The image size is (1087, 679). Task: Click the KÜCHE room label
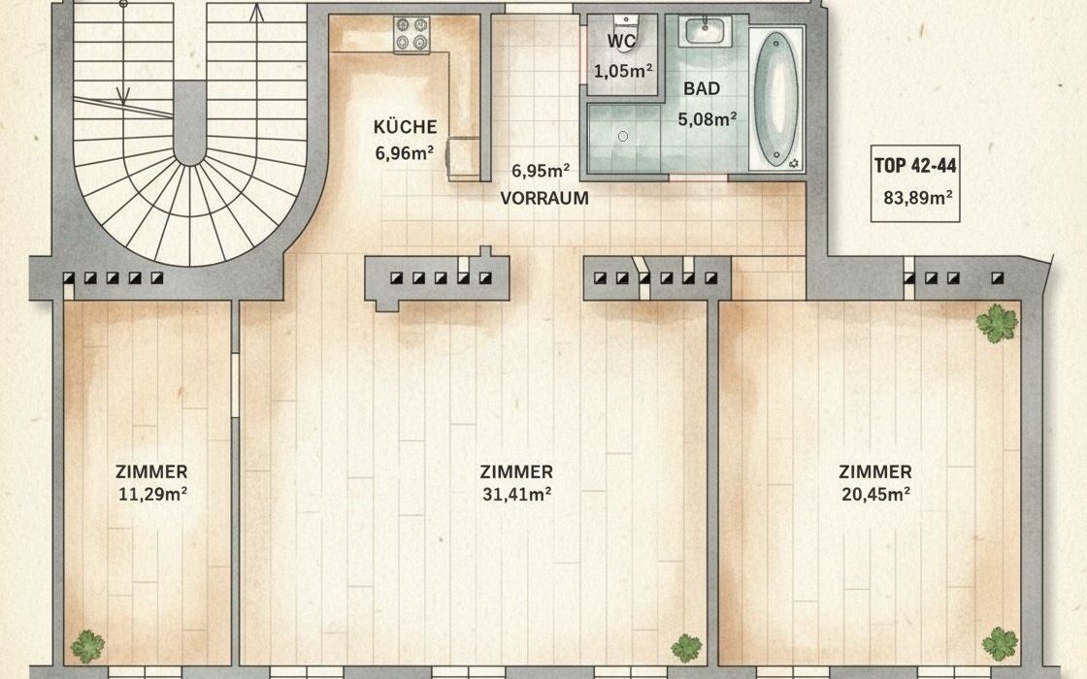405,127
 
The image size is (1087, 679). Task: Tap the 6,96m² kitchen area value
405,151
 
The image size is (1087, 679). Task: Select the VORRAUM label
544,198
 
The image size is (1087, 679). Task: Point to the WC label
621,42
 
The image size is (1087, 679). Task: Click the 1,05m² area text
623,70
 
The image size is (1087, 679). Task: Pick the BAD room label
702,88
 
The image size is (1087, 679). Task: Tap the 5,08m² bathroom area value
708,119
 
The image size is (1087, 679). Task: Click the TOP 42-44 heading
915,166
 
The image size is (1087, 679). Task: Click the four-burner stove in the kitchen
412,35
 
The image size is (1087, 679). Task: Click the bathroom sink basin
705,31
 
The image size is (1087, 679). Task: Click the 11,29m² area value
151,494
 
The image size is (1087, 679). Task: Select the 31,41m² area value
516,494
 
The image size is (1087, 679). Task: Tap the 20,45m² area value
875,494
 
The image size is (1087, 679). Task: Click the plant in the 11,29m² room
87,646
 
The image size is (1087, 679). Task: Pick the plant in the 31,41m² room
686,647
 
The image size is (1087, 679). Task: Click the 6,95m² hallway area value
541,170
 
